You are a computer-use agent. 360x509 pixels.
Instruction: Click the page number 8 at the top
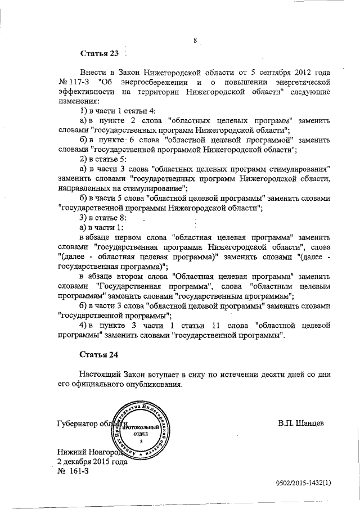(x=194, y=40)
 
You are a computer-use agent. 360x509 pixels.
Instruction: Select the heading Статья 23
(x=100, y=54)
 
